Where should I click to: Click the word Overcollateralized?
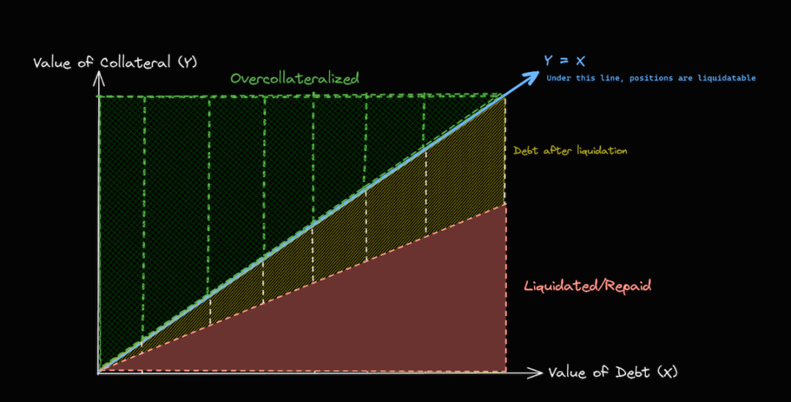[x=294, y=78]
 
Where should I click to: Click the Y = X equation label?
[x=565, y=61]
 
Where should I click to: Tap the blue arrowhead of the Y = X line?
[x=530, y=78]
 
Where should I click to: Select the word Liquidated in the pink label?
[x=560, y=286]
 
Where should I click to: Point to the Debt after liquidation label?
[x=570, y=150]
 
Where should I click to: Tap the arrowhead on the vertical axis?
[x=99, y=78]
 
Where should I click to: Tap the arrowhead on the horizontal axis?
[x=535, y=373]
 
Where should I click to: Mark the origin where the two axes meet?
[x=98, y=373]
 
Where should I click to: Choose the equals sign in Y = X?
[x=565, y=61]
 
